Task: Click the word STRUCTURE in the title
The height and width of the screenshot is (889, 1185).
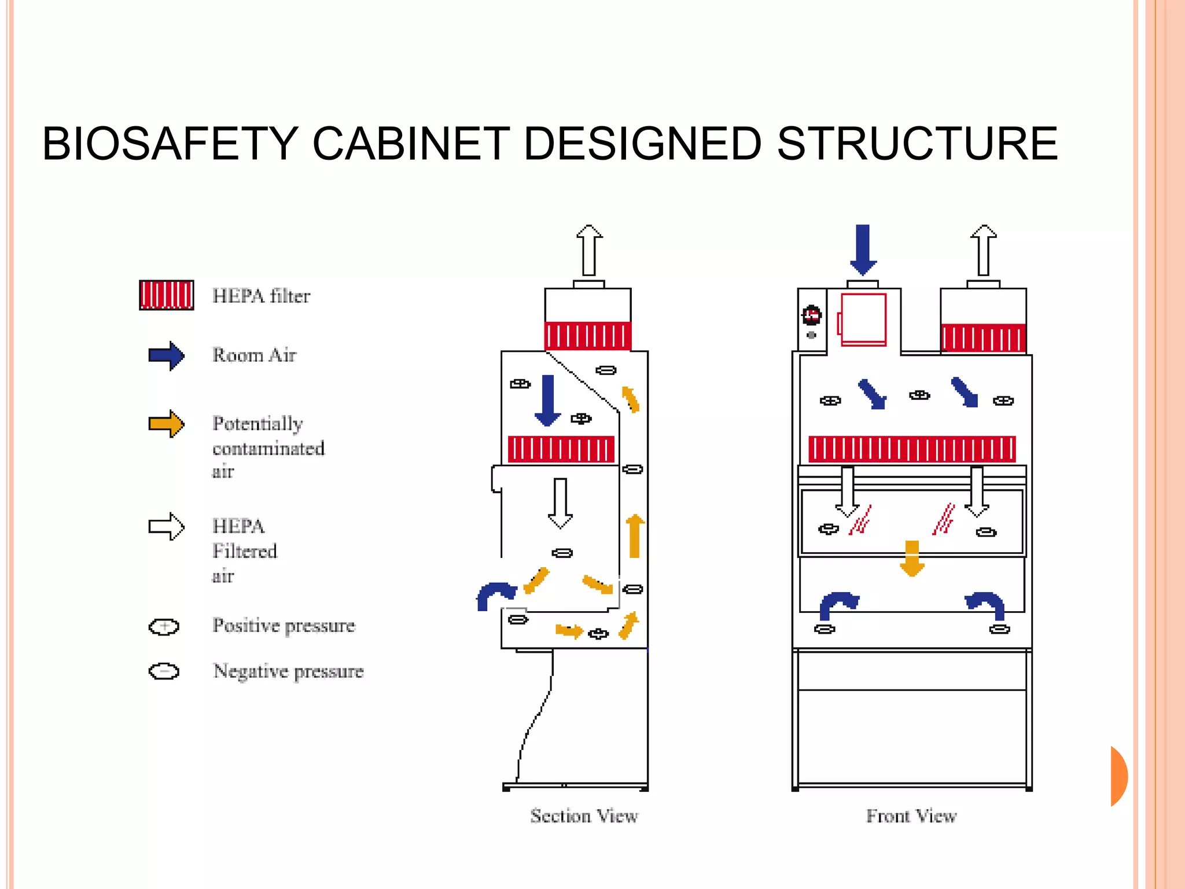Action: click(x=917, y=144)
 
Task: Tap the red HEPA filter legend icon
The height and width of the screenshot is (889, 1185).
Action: click(x=167, y=295)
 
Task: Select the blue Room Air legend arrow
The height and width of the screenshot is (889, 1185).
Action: click(x=167, y=355)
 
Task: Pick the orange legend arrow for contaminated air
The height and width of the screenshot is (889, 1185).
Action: click(x=167, y=424)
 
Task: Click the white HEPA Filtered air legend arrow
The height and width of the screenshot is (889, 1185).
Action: click(x=167, y=526)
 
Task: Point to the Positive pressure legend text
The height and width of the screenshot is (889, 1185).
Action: click(x=284, y=626)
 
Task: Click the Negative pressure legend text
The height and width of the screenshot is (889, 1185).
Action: click(x=288, y=671)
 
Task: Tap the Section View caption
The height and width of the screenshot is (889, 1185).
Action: click(x=584, y=816)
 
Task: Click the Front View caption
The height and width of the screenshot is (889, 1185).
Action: click(x=911, y=816)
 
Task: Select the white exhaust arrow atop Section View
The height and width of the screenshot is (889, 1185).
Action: click(x=589, y=250)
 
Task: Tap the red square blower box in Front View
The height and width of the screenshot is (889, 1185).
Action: click(x=863, y=319)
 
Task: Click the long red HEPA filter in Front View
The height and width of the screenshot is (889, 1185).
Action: click(x=912, y=449)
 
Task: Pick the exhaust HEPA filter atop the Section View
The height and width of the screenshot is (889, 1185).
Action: click(x=588, y=336)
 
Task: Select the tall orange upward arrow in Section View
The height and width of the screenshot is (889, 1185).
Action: click(x=635, y=536)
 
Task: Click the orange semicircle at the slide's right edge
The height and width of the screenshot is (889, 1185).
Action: click(x=1118, y=776)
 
